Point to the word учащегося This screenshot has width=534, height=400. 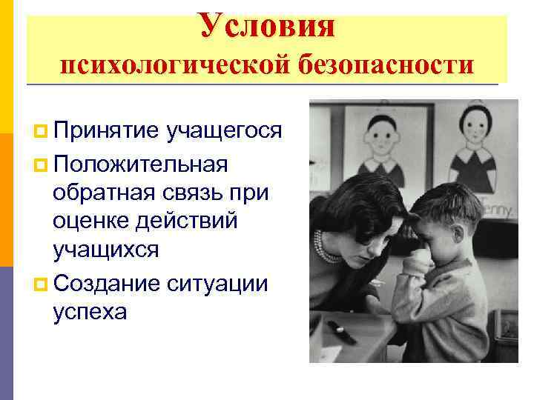[225, 131]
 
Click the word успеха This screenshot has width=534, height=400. [90, 311]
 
